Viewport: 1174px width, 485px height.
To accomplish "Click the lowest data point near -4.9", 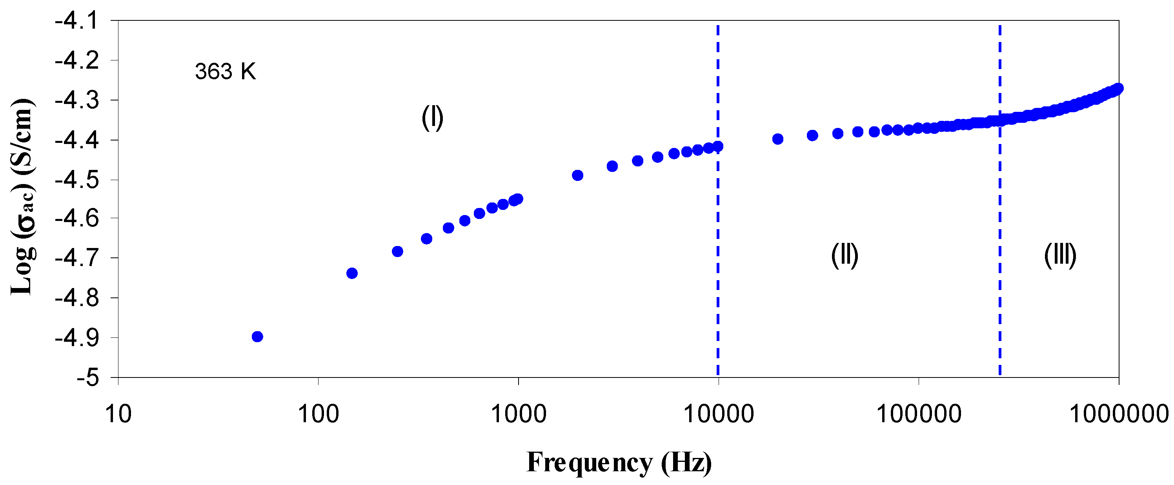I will point(257,337).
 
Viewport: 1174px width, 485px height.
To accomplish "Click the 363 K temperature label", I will point(226,71).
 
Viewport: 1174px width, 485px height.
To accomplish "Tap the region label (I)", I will point(432,118).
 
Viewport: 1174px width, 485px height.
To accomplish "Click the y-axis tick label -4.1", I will point(76,21).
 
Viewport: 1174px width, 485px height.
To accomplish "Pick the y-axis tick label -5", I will point(87,378).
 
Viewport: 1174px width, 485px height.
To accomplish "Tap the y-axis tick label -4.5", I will point(76,180).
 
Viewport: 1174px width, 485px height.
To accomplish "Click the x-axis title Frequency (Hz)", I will point(619,462).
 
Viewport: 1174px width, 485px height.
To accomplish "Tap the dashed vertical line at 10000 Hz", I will point(718,273).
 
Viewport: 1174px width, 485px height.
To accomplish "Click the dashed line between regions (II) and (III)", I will point(1000,273).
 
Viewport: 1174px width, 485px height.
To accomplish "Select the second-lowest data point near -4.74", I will point(352,273).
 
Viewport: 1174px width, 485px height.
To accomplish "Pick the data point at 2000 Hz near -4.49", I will point(577,175).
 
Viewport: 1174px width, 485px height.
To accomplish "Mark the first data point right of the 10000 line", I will point(778,139).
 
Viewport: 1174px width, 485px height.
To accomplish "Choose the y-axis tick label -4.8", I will point(76,298).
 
